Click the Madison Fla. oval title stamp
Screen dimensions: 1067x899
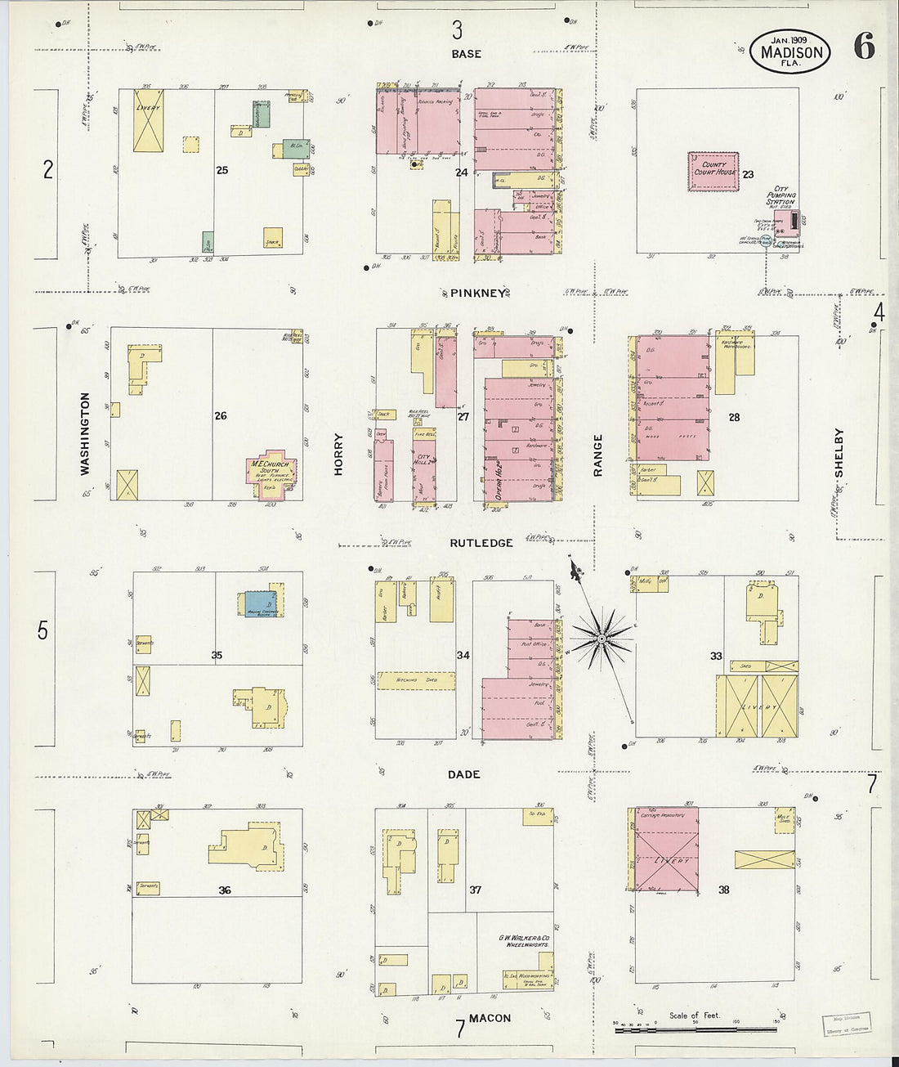tap(789, 52)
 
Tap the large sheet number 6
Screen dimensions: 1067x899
tap(864, 47)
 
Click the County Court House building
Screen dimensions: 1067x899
tap(713, 171)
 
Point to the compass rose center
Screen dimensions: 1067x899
tap(602, 637)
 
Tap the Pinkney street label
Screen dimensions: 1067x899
tap(478, 294)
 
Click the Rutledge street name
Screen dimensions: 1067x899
tap(481, 543)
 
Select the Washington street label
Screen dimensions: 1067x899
tap(85, 433)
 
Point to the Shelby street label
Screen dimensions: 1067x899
tap(839, 453)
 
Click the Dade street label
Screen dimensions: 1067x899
tap(463, 774)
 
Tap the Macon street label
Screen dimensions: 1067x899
tap(490, 1018)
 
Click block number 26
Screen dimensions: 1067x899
tap(221, 416)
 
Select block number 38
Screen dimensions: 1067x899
tap(723, 890)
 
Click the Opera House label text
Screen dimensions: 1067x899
tap(497, 480)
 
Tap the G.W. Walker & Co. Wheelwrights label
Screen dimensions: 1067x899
tap(524, 941)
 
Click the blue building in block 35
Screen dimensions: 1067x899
tap(261, 603)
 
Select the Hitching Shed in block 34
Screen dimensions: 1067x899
tap(416, 680)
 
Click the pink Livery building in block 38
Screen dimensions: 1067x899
tap(667, 850)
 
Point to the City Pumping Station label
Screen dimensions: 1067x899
tap(780, 195)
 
